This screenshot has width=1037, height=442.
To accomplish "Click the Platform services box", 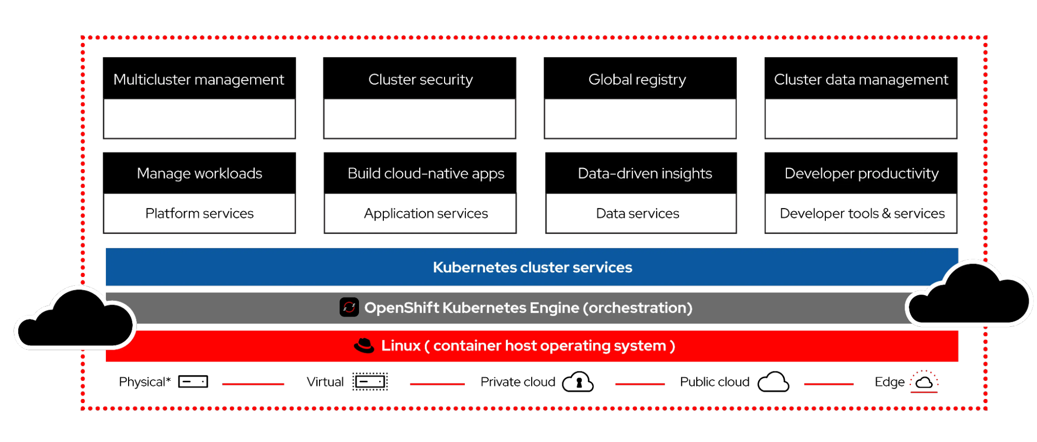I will click(199, 213).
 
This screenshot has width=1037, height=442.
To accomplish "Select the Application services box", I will click(420, 213).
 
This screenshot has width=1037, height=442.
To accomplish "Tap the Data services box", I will click(641, 213).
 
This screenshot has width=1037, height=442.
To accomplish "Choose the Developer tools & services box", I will click(861, 213).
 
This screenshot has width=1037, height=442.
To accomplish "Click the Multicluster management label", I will click(199, 79).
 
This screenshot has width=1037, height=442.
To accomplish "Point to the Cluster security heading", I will click(420, 79).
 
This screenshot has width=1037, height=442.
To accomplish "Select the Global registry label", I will click(637, 79).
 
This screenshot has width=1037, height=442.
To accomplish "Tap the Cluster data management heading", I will click(861, 79).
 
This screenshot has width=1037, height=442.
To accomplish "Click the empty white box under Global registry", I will click(640, 118).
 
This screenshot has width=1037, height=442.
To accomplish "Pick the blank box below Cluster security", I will click(419, 118).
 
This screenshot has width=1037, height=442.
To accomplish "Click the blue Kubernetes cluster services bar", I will click(532, 267).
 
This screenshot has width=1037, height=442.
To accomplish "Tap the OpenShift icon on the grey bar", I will click(349, 307).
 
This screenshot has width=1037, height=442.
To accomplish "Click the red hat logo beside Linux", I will click(364, 346).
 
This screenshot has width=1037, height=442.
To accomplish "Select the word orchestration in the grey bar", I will click(638, 308).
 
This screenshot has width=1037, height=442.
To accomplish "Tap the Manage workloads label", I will click(199, 173).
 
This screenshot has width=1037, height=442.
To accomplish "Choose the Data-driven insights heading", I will click(645, 173).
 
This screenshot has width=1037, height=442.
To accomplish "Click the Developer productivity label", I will click(861, 173).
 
